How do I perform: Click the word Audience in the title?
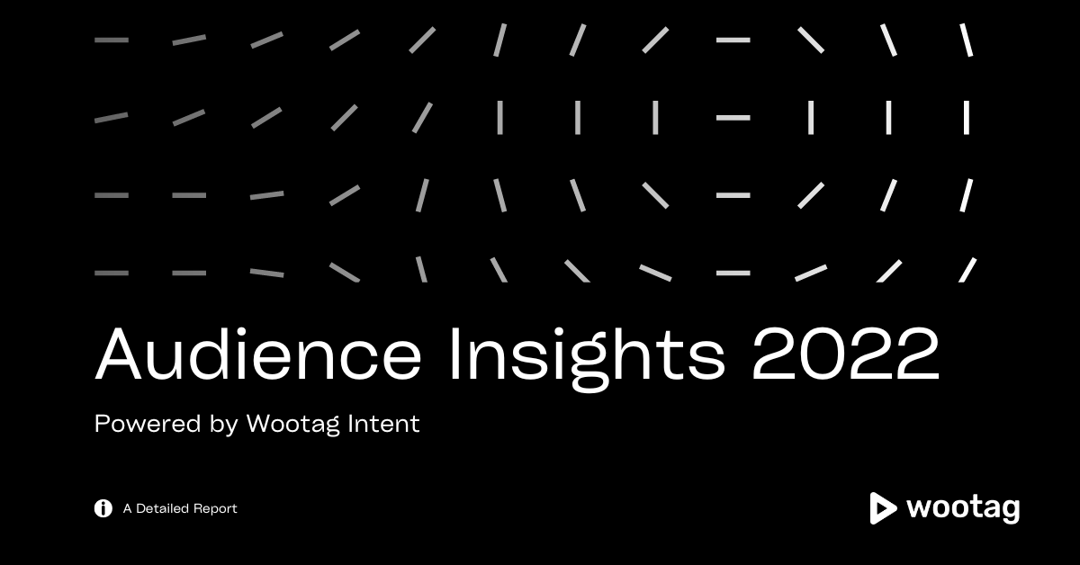click(258, 354)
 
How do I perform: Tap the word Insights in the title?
click(587, 359)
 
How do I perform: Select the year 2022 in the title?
click(846, 354)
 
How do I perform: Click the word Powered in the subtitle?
click(147, 424)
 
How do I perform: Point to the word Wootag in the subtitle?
click(293, 425)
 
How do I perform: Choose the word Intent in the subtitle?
click(383, 423)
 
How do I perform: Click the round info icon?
click(103, 508)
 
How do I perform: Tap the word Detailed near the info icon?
click(163, 508)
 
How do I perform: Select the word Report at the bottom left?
click(215, 509)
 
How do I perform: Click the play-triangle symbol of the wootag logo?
click(882, 508)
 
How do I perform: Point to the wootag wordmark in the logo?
click(963, 509)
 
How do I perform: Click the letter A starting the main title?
click(119, 354)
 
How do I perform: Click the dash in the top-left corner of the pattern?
click(112, 40)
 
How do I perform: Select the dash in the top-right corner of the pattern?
click(967, 40)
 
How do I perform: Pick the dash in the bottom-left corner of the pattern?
click(112, 273)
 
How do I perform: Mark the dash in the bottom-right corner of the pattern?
click(967, 270)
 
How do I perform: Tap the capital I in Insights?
click(454, 354)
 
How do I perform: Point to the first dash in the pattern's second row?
click(112, 118)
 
